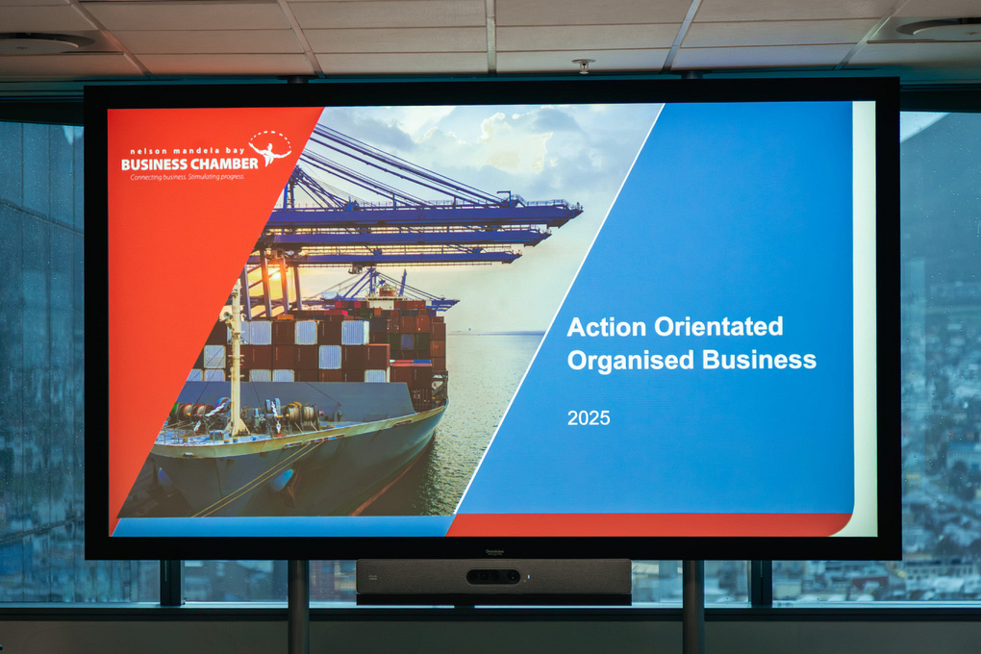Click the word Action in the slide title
pos(607,327)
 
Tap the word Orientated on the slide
pos(718,327)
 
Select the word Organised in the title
pos(631,361)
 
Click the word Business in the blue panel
pos(759,360)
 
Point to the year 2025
pos(588,418)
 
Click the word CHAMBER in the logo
pos(224,163)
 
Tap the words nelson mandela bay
pos(188,151)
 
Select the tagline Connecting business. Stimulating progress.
pos(188,177)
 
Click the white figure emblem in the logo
pos(270,149)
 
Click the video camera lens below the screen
pos(493,576)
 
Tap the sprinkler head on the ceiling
pos(584,65)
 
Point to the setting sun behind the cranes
pos(275,285)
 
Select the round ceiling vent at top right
pos(938,28)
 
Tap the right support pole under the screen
pos(693,607)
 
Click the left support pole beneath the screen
pos(298,607)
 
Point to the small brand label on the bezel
pos(494,552)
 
